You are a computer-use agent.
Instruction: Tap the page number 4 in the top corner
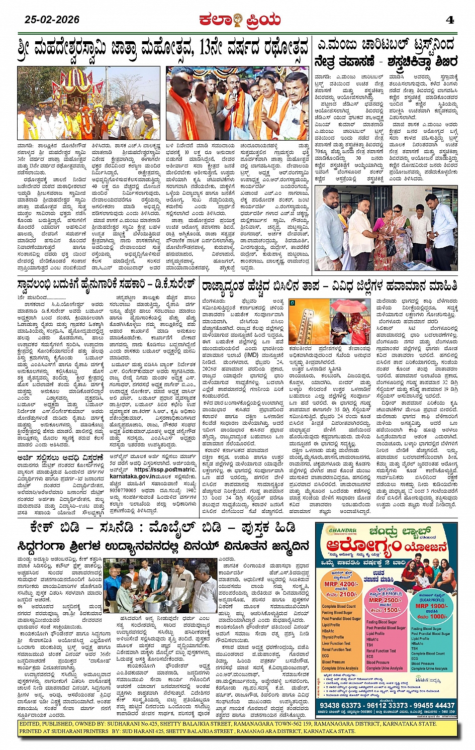click(x=450, y=20)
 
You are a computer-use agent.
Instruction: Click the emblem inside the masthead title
click(x=237, y=21)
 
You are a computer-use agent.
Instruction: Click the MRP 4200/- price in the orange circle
click(x=340, y=584)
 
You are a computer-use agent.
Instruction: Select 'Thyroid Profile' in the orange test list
click(x=333, y=637)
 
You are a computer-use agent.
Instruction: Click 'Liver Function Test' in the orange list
click(x=336, y=643)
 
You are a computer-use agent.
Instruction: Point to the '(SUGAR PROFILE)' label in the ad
click(x=432, y=600)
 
